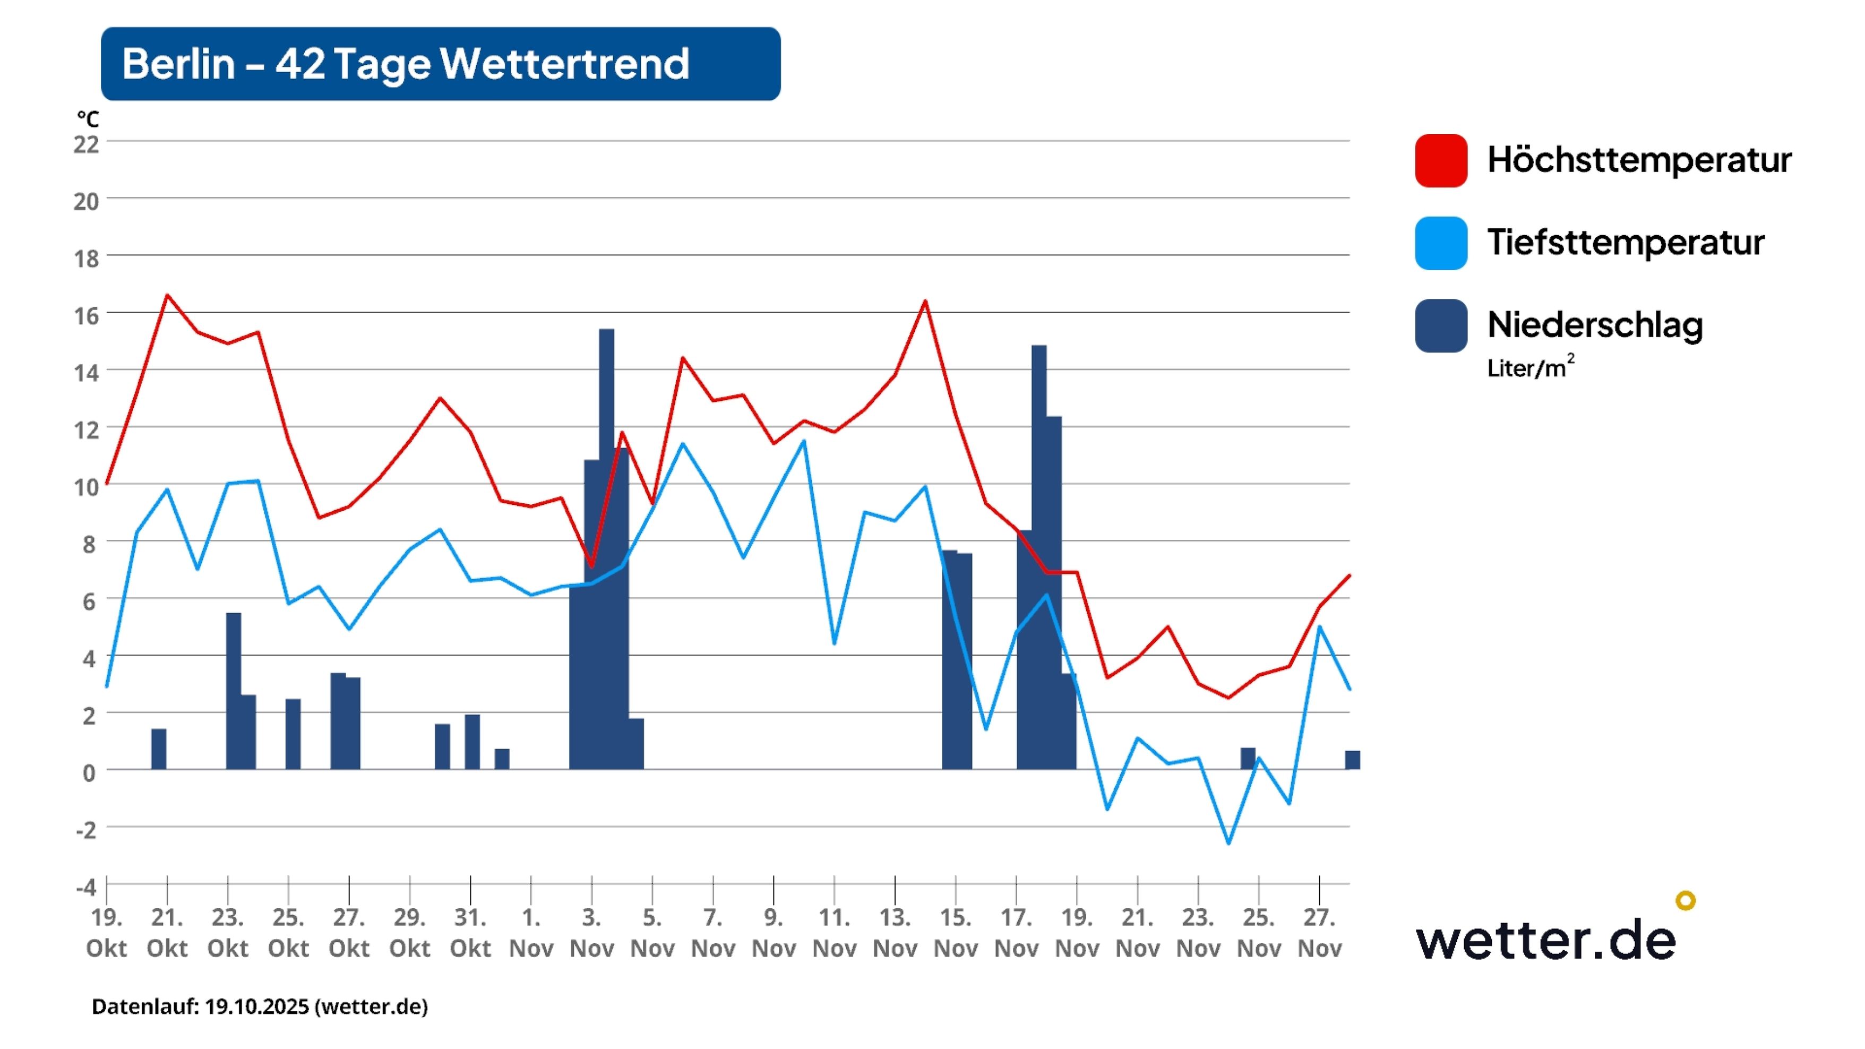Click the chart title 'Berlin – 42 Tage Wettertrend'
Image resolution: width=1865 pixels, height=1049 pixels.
coord(406,64)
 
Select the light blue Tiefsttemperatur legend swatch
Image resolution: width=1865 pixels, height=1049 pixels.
coord(1441,243)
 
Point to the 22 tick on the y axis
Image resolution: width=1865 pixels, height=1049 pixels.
coord(86,144)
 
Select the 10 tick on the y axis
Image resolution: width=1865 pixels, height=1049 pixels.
coord(86,486)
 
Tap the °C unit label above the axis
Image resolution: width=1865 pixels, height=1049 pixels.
coord(88,119)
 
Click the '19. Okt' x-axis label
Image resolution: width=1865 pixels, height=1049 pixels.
coord(106,932)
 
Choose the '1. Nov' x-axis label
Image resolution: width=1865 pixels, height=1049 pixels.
coord(531,932)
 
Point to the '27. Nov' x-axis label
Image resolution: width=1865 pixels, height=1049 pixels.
coord(1319,932)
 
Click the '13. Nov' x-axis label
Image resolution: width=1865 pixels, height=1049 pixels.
coord(895,932)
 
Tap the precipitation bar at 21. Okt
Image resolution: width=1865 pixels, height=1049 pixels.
coord(159,749)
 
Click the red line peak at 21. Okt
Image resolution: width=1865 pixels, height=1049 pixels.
coord(167,295)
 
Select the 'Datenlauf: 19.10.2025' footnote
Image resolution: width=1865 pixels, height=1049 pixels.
coord(259,1007)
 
